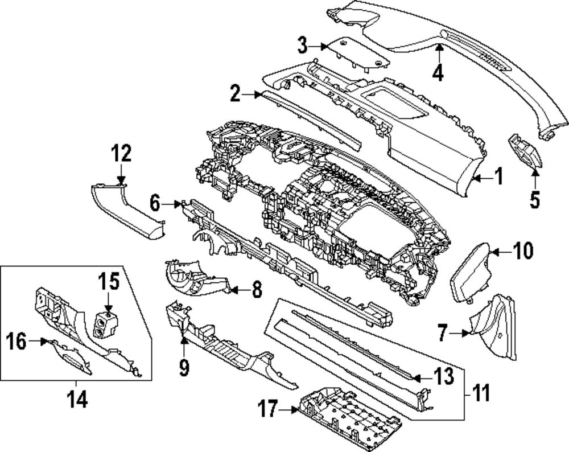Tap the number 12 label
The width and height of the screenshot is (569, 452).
click(121, 154)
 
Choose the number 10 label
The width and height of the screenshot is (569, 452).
click(522, 250)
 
